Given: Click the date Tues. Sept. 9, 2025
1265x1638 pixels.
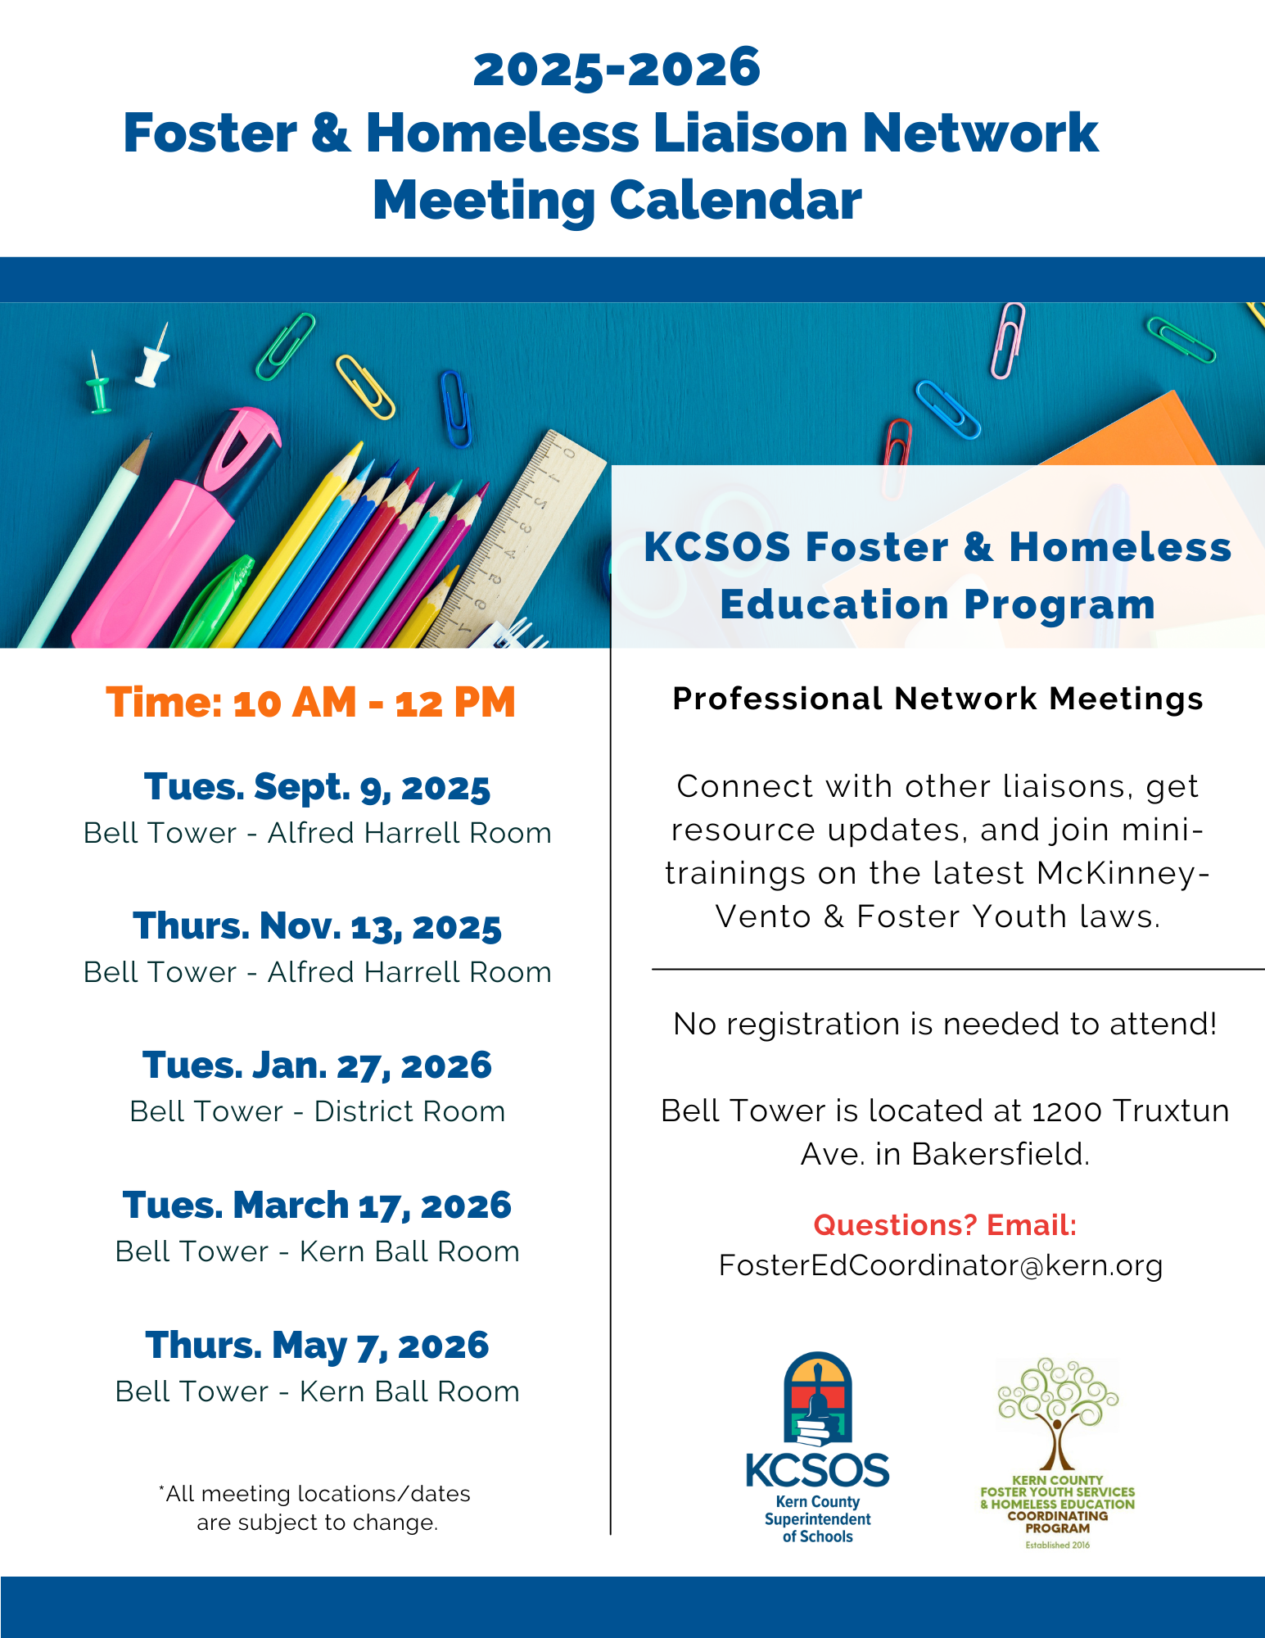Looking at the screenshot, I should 317,787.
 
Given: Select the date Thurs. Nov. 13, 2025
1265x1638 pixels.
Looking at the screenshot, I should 317,926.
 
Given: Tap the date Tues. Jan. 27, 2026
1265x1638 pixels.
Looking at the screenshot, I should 317,1066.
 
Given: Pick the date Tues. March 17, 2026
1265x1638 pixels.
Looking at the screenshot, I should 317,1206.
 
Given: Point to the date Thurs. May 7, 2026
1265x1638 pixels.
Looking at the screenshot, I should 317,1346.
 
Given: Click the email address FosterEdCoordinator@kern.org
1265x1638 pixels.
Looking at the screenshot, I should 941,1265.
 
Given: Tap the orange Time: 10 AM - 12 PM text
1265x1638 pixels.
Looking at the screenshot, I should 311,703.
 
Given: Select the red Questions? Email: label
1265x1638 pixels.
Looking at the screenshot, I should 945,1225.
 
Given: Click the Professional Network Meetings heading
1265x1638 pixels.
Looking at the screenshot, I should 937,699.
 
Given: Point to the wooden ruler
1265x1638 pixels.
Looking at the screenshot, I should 516,541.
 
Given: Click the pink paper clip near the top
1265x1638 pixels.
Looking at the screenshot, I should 1008,340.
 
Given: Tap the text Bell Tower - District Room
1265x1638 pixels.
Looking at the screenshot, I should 317,1111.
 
